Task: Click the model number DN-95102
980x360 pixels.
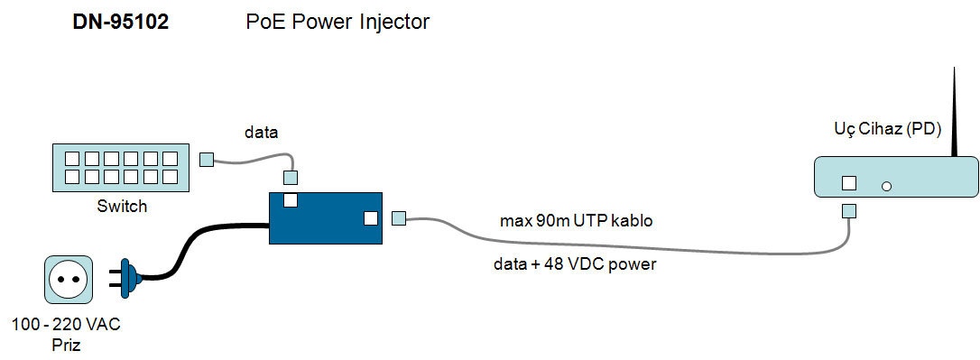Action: click(121, 23)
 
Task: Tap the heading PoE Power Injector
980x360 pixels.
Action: click(337, 23)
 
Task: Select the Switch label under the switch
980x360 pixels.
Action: click(123, 206)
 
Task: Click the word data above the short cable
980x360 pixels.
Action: click(261, 134)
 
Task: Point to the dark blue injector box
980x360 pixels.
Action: click(325, 218)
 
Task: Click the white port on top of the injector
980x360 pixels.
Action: click(291, 200)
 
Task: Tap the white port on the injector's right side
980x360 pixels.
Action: click(371, 218)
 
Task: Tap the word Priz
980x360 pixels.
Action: click(66, 345)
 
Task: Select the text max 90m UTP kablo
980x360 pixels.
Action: click(577, 221)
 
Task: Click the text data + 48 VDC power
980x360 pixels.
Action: click(575, 264)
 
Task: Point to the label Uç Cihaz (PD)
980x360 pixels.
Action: click(888, 129)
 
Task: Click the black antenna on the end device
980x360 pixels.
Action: click(955, 113)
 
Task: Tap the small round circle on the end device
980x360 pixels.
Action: click(885, 186)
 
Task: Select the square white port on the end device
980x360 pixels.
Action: click(849, 183)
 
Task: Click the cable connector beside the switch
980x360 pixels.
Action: click(207, 160)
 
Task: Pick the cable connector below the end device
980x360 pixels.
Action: click(849, 210)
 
